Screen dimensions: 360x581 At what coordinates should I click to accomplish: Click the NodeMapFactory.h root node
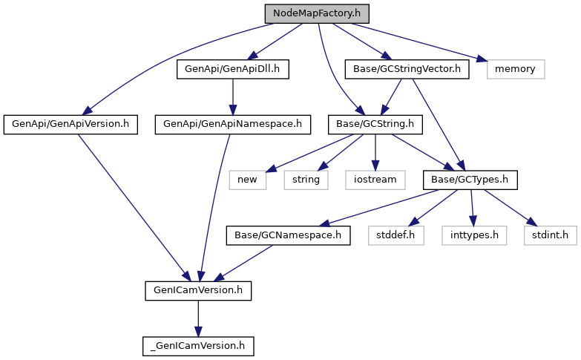click(316, 13)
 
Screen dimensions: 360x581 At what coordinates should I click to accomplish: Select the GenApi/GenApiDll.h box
click(232, 69)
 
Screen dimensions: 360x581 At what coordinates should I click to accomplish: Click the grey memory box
click(516, 69)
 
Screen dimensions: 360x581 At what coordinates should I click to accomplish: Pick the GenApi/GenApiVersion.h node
click(70, 124)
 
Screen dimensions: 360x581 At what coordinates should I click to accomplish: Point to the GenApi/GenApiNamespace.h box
click(232, 124)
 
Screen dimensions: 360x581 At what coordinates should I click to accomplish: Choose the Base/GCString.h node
click(375, 124)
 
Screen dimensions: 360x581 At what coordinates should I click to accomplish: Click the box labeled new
click(247, 179)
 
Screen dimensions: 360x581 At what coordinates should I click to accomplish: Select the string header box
click(305, 179)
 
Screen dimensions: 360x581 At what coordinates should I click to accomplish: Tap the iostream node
click(375, 179)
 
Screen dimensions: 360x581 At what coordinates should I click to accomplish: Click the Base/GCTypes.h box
click(469, 179)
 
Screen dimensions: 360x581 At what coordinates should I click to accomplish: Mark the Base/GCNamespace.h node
click(288, 235)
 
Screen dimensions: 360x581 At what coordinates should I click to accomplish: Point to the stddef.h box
click(395, 235)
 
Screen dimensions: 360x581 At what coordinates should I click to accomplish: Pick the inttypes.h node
click(474, 235)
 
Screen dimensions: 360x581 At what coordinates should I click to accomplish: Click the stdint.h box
click(550, 235)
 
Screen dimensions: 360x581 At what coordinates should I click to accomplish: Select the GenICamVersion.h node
click(197, 290)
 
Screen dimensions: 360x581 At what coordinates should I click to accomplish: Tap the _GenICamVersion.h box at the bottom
click(197, 345)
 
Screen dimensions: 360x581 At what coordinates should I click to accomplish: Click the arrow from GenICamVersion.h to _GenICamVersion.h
click(197, 318)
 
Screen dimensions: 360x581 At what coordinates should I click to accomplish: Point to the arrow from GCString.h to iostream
click(375, 151)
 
